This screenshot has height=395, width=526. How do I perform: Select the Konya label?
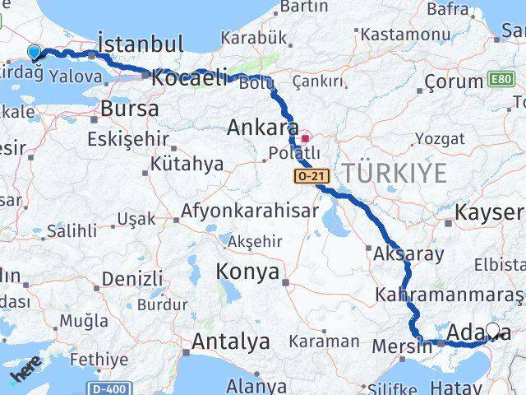(247, 272)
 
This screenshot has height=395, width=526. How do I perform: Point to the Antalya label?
(231, 341)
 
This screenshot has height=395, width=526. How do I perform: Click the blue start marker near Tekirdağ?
(34, 53)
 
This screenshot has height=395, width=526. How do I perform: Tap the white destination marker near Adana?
(492, 331)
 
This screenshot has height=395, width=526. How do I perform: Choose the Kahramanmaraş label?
(449, 294)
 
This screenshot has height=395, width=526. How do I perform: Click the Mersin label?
(400, 346)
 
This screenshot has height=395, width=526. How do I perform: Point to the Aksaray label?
(408, 254)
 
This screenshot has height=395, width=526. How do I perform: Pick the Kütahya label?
(187, 164)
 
